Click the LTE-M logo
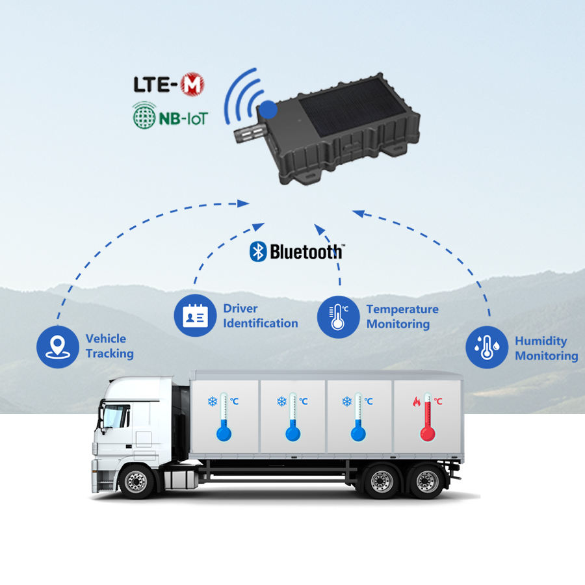168,84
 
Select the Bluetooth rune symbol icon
258,252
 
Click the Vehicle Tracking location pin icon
58,346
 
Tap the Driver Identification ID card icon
195,316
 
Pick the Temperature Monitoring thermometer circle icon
338,317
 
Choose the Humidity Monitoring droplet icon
487,348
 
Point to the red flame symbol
417,402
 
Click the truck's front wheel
137,482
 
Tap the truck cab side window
117,416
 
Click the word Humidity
541,341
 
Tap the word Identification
261,323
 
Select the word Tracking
109,354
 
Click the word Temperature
402,309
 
